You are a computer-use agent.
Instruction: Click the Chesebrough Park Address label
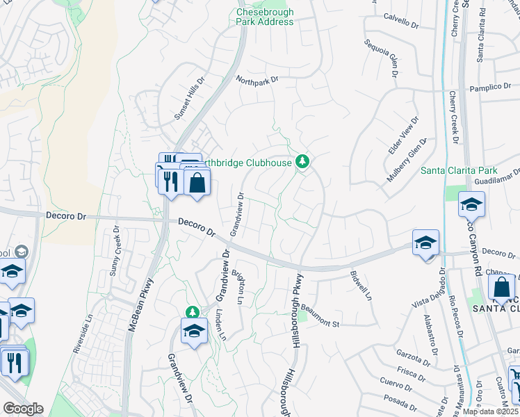265,17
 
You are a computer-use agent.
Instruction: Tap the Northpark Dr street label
257,80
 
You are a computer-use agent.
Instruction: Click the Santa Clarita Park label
459,170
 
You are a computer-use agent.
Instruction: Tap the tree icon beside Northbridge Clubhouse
302,162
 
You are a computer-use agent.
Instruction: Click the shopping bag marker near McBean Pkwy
197,183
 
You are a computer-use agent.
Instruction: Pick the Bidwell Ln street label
361,286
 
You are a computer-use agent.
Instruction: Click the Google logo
23,409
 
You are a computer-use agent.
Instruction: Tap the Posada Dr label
398,399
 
